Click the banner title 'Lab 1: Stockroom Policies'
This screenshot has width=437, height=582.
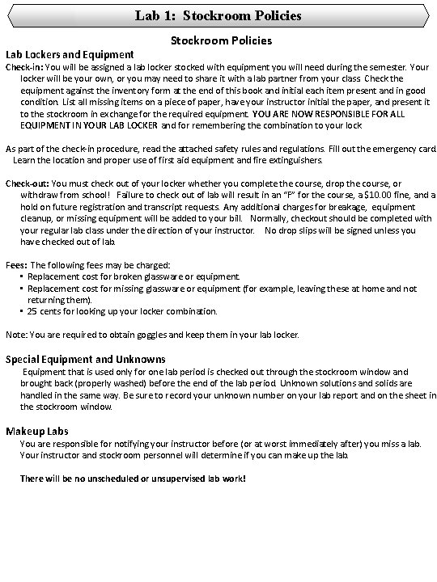[x=218, y=15]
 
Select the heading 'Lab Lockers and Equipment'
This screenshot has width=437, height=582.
[x=70, y=54]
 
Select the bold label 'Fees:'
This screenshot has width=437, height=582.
[x=16, y=265]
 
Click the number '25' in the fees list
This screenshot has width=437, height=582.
[x=32, y=311]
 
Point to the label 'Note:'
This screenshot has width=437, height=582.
[x=16, y=334]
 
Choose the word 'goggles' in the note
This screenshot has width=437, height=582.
[x=151, y=334]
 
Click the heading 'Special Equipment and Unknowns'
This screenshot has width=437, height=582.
[x=86, y=358]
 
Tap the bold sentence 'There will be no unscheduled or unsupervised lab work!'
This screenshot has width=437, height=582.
[x=132, y=478]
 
